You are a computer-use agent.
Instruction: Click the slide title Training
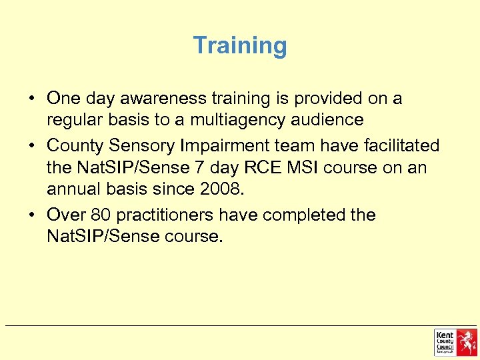click(x=240, y=46)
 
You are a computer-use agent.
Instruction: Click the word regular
click(x=71, y=121)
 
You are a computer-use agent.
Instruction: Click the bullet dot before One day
click(x=32, y=99)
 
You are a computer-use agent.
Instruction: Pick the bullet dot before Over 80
click(x=32, y=215)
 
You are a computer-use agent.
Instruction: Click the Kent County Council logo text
click(x=445, y=341)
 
